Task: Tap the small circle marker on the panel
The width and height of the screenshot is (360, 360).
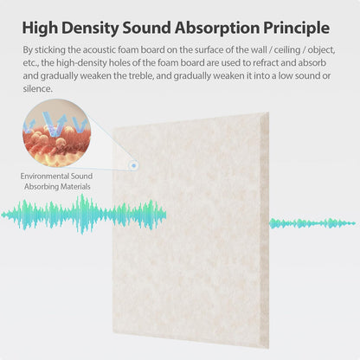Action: coord(134,164)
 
